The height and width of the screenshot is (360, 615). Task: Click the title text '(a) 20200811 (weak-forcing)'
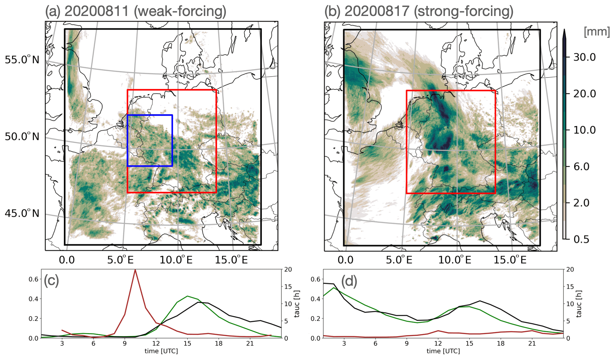click(x=136, y=11)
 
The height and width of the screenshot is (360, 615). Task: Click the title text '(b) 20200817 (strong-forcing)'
click(x=419, y=11)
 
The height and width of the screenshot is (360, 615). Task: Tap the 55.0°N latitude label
click(x=22, y=60)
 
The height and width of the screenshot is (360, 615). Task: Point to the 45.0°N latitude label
click(x=22, y=213)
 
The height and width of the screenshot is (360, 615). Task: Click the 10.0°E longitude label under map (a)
click(x=176, y=260)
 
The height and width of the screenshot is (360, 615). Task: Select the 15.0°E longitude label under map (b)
click(x=510, y=260)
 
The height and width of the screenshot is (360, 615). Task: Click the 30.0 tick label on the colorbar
click(x=584, y=57)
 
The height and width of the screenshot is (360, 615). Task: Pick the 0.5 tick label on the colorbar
click(x=581, y=239)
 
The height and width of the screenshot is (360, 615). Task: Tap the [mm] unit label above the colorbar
click(x=597, y=32)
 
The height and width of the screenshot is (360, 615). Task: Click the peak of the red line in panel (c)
click(x=135, y=270)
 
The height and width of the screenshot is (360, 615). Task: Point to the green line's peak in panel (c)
click(x=188, y=296)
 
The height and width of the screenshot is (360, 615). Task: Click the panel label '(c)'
click(x=52, y=281)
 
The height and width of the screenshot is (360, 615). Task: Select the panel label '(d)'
click(x=349, y=281)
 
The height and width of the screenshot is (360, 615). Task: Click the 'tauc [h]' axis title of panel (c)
click(x=297, y=304)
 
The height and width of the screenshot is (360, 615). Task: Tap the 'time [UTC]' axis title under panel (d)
click(x=443, y=351)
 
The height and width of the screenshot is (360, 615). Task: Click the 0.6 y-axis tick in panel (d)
click(x=315, y=279)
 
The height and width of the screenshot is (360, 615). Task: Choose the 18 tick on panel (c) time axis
click(x=219, y=343)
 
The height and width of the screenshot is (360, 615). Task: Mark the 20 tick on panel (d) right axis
click(x=570, y=270)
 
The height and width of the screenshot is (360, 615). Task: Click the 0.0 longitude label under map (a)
click(x=67, y=260)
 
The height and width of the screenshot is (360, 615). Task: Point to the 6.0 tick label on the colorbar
click(x=581, y=166)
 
